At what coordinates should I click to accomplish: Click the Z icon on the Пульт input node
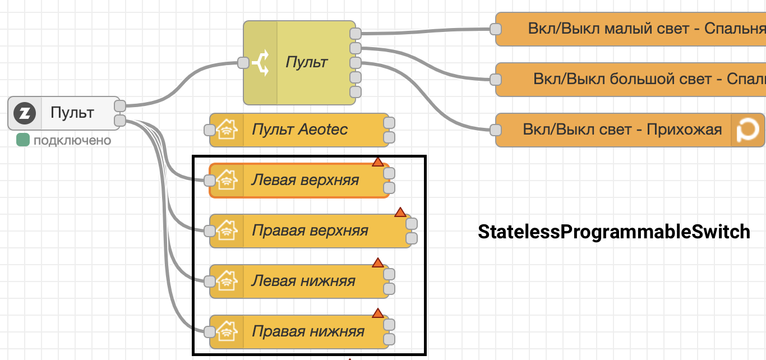(25, 113)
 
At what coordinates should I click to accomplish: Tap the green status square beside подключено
(23, 140)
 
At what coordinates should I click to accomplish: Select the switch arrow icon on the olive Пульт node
(261, 63)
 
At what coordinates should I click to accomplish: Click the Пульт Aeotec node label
(299, 130)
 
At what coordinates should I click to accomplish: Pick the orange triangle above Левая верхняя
(378, 162)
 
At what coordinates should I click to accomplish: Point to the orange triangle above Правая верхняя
(400, 213)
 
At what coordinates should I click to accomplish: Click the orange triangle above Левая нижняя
(378, 263)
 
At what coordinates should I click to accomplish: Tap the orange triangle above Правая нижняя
(378, 313)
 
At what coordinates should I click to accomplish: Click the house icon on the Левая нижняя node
(227, 281)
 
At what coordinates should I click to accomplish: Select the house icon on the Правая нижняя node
(227, 331)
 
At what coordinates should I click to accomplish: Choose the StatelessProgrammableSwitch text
(614, 232)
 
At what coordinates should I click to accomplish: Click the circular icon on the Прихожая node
(748, 130)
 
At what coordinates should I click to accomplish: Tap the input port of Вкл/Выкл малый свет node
(496, 29)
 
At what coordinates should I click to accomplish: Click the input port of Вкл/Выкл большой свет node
(496, 79)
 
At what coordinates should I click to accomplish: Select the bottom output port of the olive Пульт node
(356, 92)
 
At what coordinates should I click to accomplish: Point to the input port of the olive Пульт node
(243, 63)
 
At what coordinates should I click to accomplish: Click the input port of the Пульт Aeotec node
(210, 130)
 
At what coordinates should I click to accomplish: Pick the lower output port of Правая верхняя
(412, 238)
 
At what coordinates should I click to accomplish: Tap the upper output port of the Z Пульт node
(120, 106)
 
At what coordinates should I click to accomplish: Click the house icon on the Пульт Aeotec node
(227, 130)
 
